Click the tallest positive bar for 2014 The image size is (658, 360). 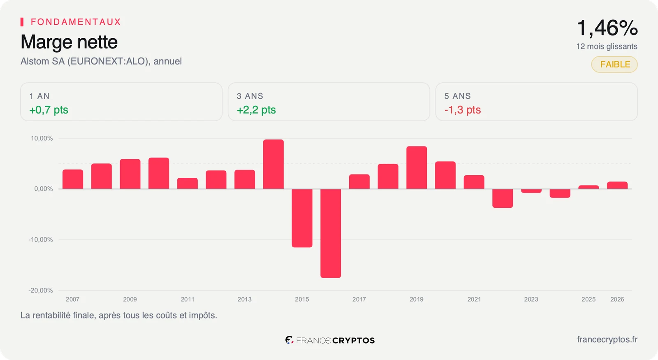[x=273, y=164]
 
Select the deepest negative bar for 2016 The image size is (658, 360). [x=331, y=233]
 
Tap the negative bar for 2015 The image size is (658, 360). [x=302, y=218]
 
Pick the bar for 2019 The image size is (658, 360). [x=417, y=167]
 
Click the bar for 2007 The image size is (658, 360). [x=73, y=179]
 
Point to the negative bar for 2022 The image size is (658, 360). [x=503, y=198]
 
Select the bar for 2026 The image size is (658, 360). [x=617, y=185]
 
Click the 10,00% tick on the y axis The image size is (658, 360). [x=42, y=138]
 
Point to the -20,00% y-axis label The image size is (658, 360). [x=41, y=290]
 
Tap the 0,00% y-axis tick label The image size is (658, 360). [x=44, y=189]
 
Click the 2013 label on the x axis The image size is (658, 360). [x=244, y=299]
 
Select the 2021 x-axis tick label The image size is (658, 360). [x=474, y=299]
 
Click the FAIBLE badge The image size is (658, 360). [x=614, y=64]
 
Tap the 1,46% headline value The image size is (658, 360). [x=607, y=28]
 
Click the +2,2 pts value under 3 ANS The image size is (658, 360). [x=256, y=110]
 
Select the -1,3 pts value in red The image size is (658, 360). [x=463, y=110]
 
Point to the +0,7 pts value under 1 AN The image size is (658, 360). [x=49, y=110]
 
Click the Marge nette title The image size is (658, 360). [x=69, y=42]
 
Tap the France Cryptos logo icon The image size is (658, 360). [x=290, y=340]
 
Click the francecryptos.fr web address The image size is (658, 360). [x=607, y=340]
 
